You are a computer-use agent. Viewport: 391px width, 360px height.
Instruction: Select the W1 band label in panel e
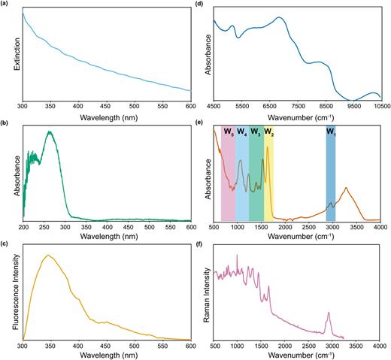click(331, 132)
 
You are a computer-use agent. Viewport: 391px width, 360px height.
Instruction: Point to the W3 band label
click(256, 132)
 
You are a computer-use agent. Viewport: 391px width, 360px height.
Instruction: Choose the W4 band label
click(242, 132)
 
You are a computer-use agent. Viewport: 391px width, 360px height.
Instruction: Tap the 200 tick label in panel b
click(23, 226)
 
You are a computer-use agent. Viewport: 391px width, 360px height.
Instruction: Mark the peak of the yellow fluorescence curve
click(50, 256)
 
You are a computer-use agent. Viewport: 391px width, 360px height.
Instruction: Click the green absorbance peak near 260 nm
click(50, 132)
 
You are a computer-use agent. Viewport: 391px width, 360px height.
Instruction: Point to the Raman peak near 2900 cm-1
click(328, 313)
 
